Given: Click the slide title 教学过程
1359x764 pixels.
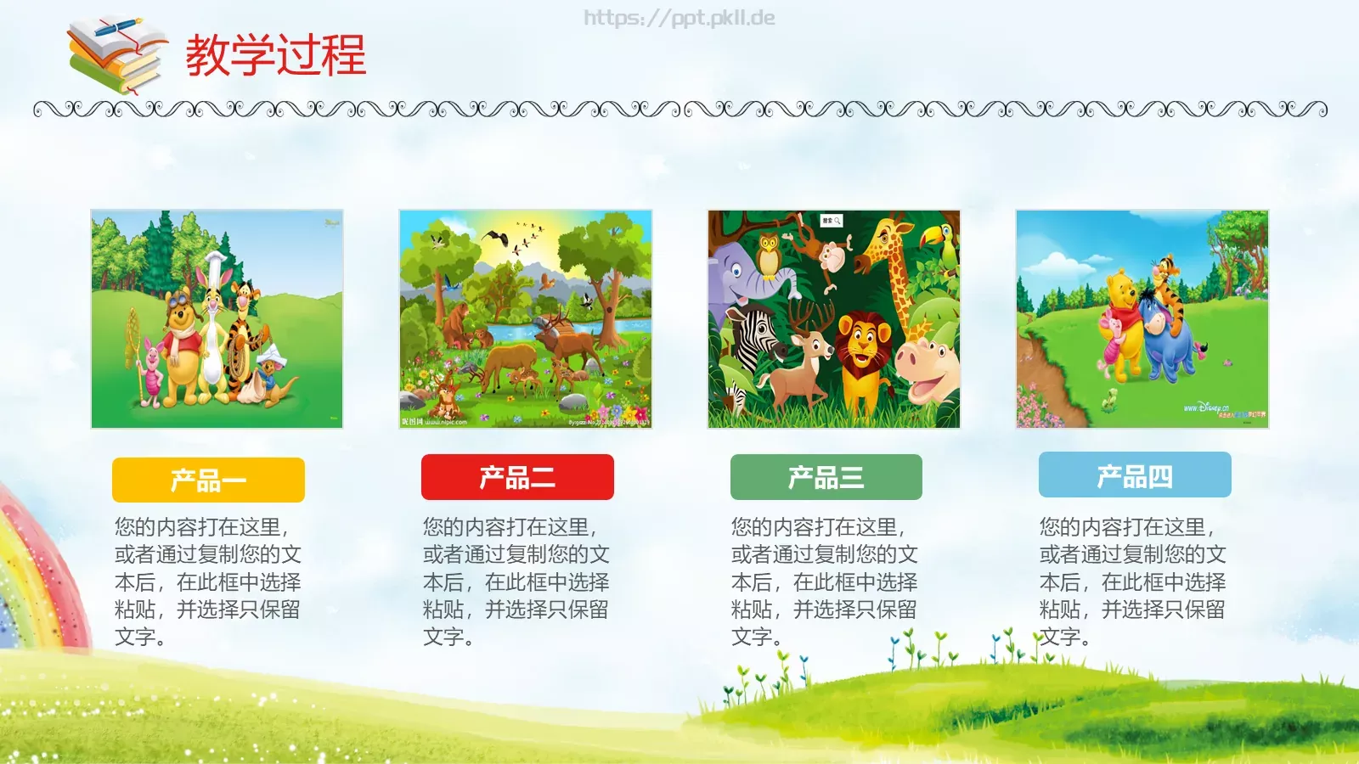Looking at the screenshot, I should click(x=275, y=55).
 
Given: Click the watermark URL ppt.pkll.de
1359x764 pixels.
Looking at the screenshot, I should click(x=679, y=18).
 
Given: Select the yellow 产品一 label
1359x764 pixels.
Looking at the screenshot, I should click(x=208, y=480).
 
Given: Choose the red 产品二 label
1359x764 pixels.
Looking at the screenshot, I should click(x=517, y=478).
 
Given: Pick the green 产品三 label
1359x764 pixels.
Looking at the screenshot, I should click(x=826, y=478).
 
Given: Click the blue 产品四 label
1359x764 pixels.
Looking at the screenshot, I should click(x=1135, y=475).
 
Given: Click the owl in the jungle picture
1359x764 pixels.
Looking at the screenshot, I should click(x=768, y=254).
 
